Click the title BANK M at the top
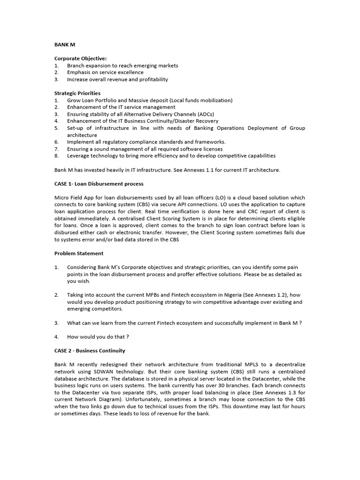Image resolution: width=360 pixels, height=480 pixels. (x=65, y=45)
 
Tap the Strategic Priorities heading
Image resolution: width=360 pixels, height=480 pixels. (x=77, y=93)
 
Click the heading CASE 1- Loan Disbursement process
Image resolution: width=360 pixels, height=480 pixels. (x=99, y=184)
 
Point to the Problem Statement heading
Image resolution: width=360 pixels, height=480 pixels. (x=79, y=253)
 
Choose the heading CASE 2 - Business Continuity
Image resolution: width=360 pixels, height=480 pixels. (x=90, y=350)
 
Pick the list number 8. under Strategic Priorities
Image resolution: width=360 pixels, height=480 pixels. (x=56, y=156)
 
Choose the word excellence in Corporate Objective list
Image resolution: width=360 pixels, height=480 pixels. (x=129, y=73)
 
